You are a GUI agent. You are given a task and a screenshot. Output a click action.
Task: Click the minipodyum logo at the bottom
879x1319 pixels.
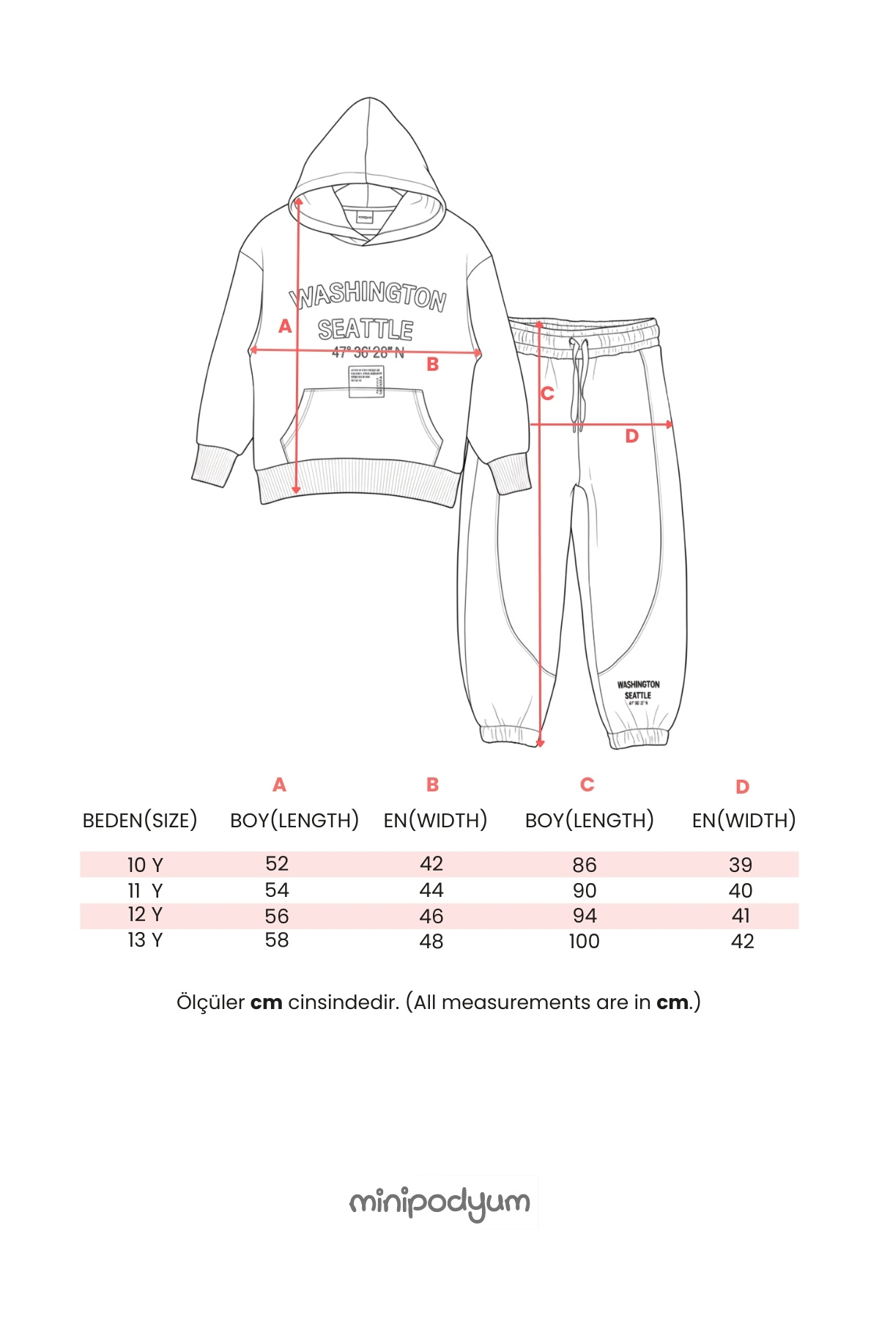pos(439,1203)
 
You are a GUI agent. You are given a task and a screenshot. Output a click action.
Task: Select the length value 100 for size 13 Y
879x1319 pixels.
pos(584,942)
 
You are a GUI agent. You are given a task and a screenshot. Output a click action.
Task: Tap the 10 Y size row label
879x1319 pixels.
pos(145,865)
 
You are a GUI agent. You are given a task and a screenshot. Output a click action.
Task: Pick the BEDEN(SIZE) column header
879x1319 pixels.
pos(140,821)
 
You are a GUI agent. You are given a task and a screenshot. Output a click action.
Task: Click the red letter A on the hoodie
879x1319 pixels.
pos(285,326)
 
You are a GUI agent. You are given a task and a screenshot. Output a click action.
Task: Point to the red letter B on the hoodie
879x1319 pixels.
pos(433,364)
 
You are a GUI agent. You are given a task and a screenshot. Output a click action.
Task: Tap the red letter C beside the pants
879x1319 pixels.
pos(547,394)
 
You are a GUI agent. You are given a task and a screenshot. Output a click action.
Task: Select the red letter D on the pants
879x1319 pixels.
pos(631,437)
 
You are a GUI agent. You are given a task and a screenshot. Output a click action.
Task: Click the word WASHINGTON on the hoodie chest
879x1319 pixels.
pos(368,295)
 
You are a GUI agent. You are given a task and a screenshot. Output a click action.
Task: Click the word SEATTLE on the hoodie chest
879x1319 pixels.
pos(366,330)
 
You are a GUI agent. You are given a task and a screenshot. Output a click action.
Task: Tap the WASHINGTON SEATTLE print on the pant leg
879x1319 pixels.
pos(638,690)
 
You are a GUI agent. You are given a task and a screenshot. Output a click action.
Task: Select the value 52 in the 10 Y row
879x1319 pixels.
pos(277,864)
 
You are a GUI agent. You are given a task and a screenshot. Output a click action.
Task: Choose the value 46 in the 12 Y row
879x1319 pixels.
pos(431,916)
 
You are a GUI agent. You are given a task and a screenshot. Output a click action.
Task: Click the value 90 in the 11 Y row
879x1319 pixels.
pos(585,891)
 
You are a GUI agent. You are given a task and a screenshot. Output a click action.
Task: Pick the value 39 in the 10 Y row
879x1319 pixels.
pos(741,865)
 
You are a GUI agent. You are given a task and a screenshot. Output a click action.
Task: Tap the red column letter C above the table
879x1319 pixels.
pos(587,785)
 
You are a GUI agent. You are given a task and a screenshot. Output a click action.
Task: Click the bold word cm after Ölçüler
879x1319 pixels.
pos(267,1002)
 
